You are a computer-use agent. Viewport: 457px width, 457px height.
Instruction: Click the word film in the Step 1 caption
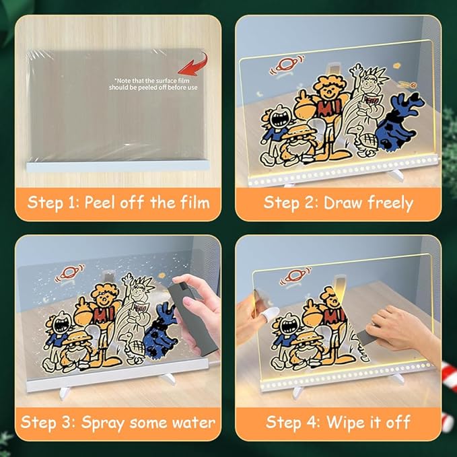click(x=195, y=203)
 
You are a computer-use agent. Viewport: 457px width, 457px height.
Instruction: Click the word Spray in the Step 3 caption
click(x=103, y=423)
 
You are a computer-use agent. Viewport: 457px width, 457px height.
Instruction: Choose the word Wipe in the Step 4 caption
click(x=343, y=423)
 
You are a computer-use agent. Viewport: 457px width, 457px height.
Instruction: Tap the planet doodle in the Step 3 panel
click(x=70, y=273)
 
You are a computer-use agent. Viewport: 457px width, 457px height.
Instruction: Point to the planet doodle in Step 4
click(x=295, y=276)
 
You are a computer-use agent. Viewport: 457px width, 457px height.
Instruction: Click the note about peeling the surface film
click(x=153, y=84)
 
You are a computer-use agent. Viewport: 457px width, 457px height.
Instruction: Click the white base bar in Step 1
click(x=118, y=166)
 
